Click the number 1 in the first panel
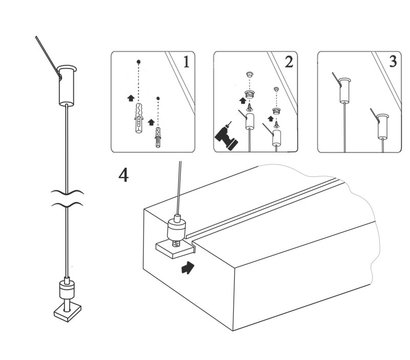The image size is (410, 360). (186, 62)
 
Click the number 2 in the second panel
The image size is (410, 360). (289, 62)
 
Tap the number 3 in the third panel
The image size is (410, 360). (393, 62)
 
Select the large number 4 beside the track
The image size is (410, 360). (124, 175)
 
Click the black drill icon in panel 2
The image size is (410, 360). (226, 136)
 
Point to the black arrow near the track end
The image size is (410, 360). (188, 268)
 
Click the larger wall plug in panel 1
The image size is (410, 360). (139, 118)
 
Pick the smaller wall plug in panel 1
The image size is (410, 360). (158, 136)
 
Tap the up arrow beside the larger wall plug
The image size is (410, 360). (130, 98)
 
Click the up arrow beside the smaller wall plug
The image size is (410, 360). (150, 121)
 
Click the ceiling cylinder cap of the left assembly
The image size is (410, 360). (67, 86)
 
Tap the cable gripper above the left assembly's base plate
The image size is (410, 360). (67, 289)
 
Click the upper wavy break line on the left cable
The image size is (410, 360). (67, 192)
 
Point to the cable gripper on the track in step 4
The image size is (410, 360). (176, 228)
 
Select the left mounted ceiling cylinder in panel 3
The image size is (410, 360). (344, 90)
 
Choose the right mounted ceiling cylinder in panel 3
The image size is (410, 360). (382, 126)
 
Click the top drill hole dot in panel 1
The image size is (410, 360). (139, 62)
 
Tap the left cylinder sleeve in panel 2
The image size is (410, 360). (249, 121)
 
